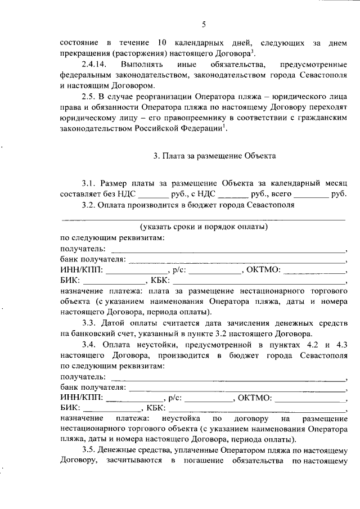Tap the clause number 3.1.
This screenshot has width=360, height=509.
coord(89,183)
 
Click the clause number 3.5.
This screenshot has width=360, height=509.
coord(89,451)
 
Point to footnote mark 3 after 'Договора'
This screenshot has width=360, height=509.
coord(255,51)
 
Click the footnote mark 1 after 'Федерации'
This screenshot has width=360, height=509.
coord(226,125)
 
